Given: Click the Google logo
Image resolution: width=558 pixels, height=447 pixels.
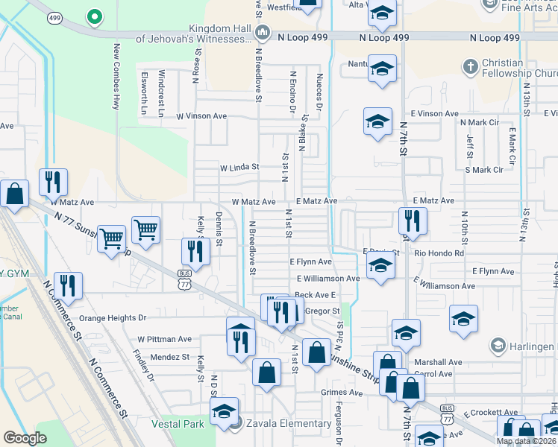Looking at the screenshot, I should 25,438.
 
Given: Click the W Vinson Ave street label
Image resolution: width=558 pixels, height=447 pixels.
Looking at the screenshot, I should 201,116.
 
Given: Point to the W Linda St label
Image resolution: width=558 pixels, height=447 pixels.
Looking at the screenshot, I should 239,168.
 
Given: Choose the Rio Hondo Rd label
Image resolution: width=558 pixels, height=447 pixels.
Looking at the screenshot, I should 439,253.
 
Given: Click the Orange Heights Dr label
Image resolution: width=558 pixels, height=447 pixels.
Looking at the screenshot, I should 113,317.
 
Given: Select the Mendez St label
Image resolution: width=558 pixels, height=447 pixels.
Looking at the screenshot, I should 170,357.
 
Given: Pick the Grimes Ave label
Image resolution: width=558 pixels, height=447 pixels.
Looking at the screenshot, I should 321,392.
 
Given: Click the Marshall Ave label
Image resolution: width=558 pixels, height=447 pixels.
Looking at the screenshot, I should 439,362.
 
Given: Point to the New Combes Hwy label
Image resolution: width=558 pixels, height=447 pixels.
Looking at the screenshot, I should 116,76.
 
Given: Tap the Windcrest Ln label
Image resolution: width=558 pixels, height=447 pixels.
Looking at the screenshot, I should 161,94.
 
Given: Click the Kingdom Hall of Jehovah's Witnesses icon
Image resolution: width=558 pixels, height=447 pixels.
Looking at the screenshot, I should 263,32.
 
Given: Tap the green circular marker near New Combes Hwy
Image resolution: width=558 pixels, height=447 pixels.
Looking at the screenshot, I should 93,16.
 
